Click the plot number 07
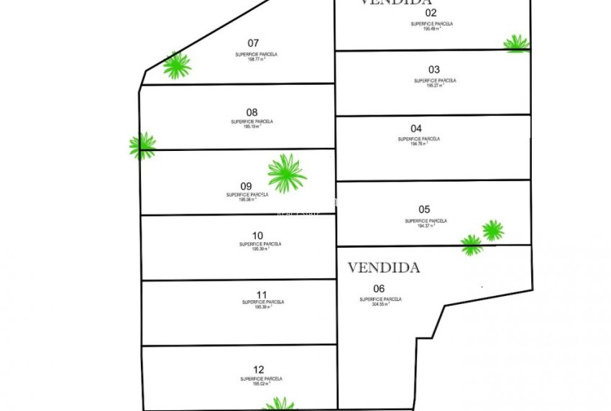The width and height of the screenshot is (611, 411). coord(253,43)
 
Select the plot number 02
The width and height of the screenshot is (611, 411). coord(431,12)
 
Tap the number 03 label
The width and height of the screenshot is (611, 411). coord(434,70)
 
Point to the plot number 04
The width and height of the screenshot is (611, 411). coord(416,129)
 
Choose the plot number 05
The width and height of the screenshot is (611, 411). coord(423,210)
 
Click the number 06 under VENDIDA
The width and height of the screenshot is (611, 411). coord(369,289)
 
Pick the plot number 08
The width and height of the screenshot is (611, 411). coord(252,112)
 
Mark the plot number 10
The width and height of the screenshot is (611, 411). coord(258,235)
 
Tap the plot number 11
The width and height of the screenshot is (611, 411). coord(262,295)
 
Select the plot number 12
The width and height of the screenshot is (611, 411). coord(260,368)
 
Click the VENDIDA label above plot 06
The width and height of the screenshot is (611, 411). coord(383,268)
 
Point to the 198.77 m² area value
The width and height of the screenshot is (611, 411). coord(255,61)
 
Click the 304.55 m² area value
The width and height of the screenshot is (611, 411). coord(380,305)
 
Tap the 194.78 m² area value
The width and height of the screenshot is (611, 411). coord(418,144)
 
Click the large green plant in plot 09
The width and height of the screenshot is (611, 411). coord(287,173)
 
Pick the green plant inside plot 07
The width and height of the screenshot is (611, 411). coord(176,65)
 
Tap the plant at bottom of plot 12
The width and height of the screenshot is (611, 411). coord(280,405)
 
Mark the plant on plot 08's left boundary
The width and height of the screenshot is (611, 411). coord(142,145)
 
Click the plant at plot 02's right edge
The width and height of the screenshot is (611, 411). coord(516,44)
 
